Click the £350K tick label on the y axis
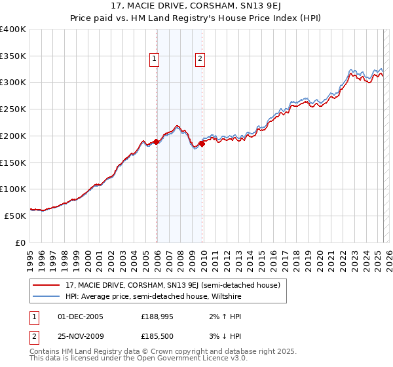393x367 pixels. [13, 56]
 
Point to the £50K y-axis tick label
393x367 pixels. [15, 215]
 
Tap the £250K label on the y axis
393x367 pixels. [13, 109]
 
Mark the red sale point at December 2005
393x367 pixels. [157, 142]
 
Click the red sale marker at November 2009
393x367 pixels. [202, 144]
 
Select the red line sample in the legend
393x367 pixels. [47, 285]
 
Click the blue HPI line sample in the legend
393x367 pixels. [47, 296]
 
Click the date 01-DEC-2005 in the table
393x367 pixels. [81, 317]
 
